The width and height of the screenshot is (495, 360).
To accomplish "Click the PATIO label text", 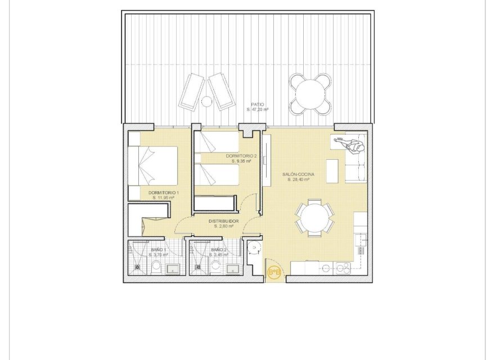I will [x=258, y=105].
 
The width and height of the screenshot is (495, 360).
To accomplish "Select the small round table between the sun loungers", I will [x=206, y=101].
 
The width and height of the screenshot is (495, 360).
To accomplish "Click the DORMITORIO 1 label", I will [x=164, y=193].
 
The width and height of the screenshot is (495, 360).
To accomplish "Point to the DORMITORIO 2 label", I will [x=241, y=156].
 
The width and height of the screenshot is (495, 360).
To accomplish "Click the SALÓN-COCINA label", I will [x=298, y=175].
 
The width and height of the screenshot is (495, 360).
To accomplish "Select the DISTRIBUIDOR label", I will [x=223, y=222].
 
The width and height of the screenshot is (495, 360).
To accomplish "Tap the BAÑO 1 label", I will [x=159, y=249].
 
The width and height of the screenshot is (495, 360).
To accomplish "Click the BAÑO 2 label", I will [x=219, y=249].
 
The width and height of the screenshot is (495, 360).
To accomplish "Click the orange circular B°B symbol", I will [x=274, y=273].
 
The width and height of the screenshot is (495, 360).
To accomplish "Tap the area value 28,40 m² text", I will [x=298, y=180].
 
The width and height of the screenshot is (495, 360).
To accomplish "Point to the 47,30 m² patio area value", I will [x=258, y=110].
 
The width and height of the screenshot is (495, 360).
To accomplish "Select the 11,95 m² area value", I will [x=164, y=198].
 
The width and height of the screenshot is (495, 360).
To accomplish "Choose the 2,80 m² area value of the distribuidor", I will [x=223, y=227].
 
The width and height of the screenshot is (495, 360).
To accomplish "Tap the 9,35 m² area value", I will [x=241, y=161].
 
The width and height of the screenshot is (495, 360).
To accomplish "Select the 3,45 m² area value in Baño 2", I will [x=219, y=255].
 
